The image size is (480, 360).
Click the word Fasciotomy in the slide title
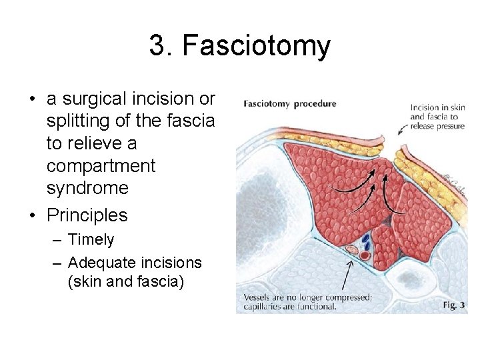[x=256, y=46]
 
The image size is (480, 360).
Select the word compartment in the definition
[x=101, y=165]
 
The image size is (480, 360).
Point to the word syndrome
[x=87, y=187]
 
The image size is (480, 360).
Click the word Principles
[x=87, y=215]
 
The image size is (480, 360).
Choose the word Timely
[x=91, y=240]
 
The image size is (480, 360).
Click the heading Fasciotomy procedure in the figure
[x=290, y=104]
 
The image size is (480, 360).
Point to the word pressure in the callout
[x=447, y=126]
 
